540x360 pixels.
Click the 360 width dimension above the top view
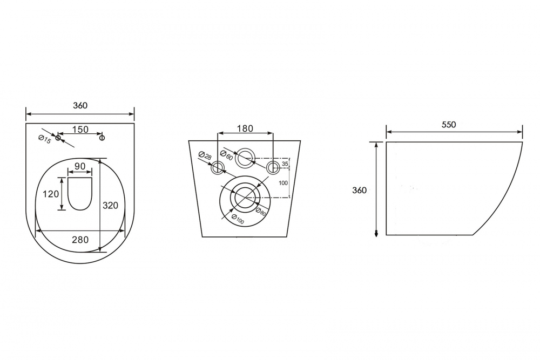pos(80,106)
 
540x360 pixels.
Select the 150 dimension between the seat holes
pos(80,129)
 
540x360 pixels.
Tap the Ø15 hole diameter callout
pos(44,140)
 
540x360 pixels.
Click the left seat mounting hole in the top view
pos(58,138)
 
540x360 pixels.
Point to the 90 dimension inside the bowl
pos(80,166)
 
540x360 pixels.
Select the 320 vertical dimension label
pos(110,205)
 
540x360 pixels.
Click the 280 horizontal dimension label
pos(80,239)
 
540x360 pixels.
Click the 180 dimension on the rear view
pos(245,128)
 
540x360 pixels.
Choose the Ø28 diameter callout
pos(205,157)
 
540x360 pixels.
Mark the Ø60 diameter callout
pos(227,157)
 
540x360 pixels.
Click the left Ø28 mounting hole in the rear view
pos(218,167)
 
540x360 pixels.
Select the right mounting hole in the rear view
pos(273,167)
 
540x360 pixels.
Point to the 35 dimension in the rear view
pos(285,163)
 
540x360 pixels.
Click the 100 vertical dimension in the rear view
pos(283,183)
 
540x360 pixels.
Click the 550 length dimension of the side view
pos(449,125)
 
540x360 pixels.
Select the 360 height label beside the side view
pos(359,190)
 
